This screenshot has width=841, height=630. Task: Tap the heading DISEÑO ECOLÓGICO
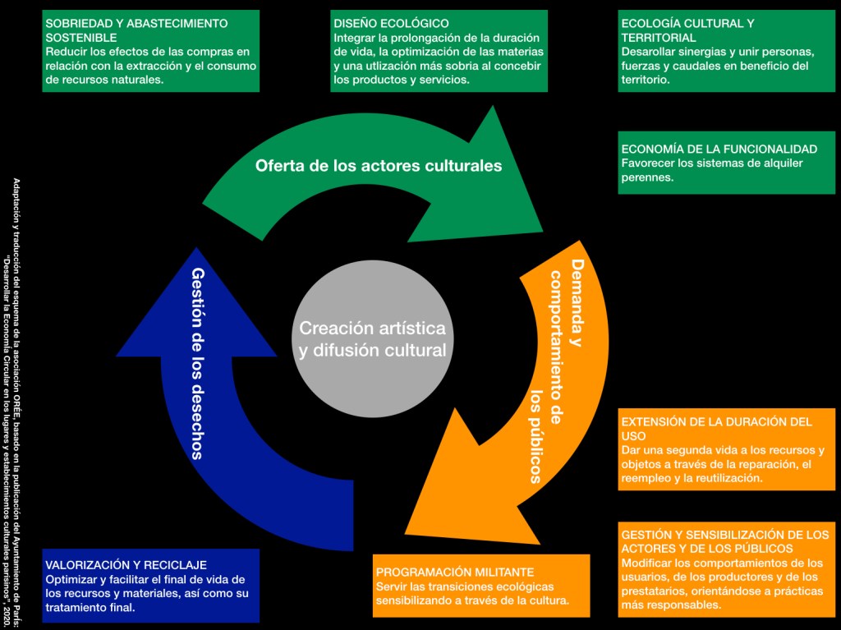(x=391, y=24)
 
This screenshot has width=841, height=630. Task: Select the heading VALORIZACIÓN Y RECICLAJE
(x=126, y=565)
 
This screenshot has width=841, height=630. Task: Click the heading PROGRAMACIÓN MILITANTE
(x=455, y=572)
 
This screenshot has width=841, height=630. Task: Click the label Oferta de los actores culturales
(x=378, y=166)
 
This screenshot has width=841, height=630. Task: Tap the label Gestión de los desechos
(x=197, y=362)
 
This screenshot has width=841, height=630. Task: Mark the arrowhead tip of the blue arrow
(x=194, y=247)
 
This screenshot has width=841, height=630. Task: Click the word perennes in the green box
(x=647, y=177)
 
